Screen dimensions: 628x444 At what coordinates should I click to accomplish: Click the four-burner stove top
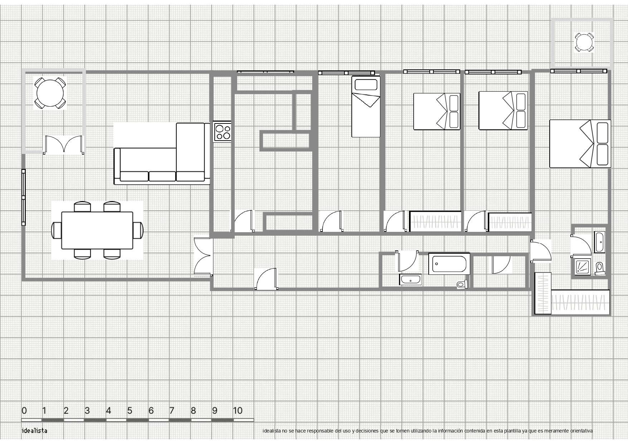[x=222, y=132]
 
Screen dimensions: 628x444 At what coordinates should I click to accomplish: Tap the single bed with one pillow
[x=366, y=106]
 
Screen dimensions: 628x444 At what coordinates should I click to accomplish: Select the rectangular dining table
[x=97, y=230]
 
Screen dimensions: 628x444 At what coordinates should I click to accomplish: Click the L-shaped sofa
[x=162, y=153]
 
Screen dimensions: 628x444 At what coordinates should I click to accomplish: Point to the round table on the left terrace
[x=50, y=93]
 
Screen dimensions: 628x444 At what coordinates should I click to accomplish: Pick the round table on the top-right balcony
[x=584, y=42]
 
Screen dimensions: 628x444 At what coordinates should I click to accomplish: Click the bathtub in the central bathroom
[x=449, y=264]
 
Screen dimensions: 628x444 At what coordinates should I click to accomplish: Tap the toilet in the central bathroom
[x=462, y=284]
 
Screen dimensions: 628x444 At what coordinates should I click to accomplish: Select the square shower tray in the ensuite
[x=582, y=267]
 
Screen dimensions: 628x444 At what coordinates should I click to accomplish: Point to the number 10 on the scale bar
[x=238, y=410]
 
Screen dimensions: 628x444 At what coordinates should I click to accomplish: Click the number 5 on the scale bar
[x=130, y=410]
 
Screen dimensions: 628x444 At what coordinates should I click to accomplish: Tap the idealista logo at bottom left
[x=34, y=430]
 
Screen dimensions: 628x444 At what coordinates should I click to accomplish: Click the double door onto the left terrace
[x=64, y=145]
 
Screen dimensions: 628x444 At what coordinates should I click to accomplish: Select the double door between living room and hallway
[x=203, y=257]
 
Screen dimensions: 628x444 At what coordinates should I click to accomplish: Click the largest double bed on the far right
[x=580, y=144]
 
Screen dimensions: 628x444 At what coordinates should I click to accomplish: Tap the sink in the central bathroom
[x=411, y=279]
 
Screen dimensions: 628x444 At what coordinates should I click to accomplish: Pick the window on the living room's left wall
[x=24, y=197]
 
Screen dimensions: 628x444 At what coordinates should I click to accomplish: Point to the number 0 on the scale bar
[x=24, y=410]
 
